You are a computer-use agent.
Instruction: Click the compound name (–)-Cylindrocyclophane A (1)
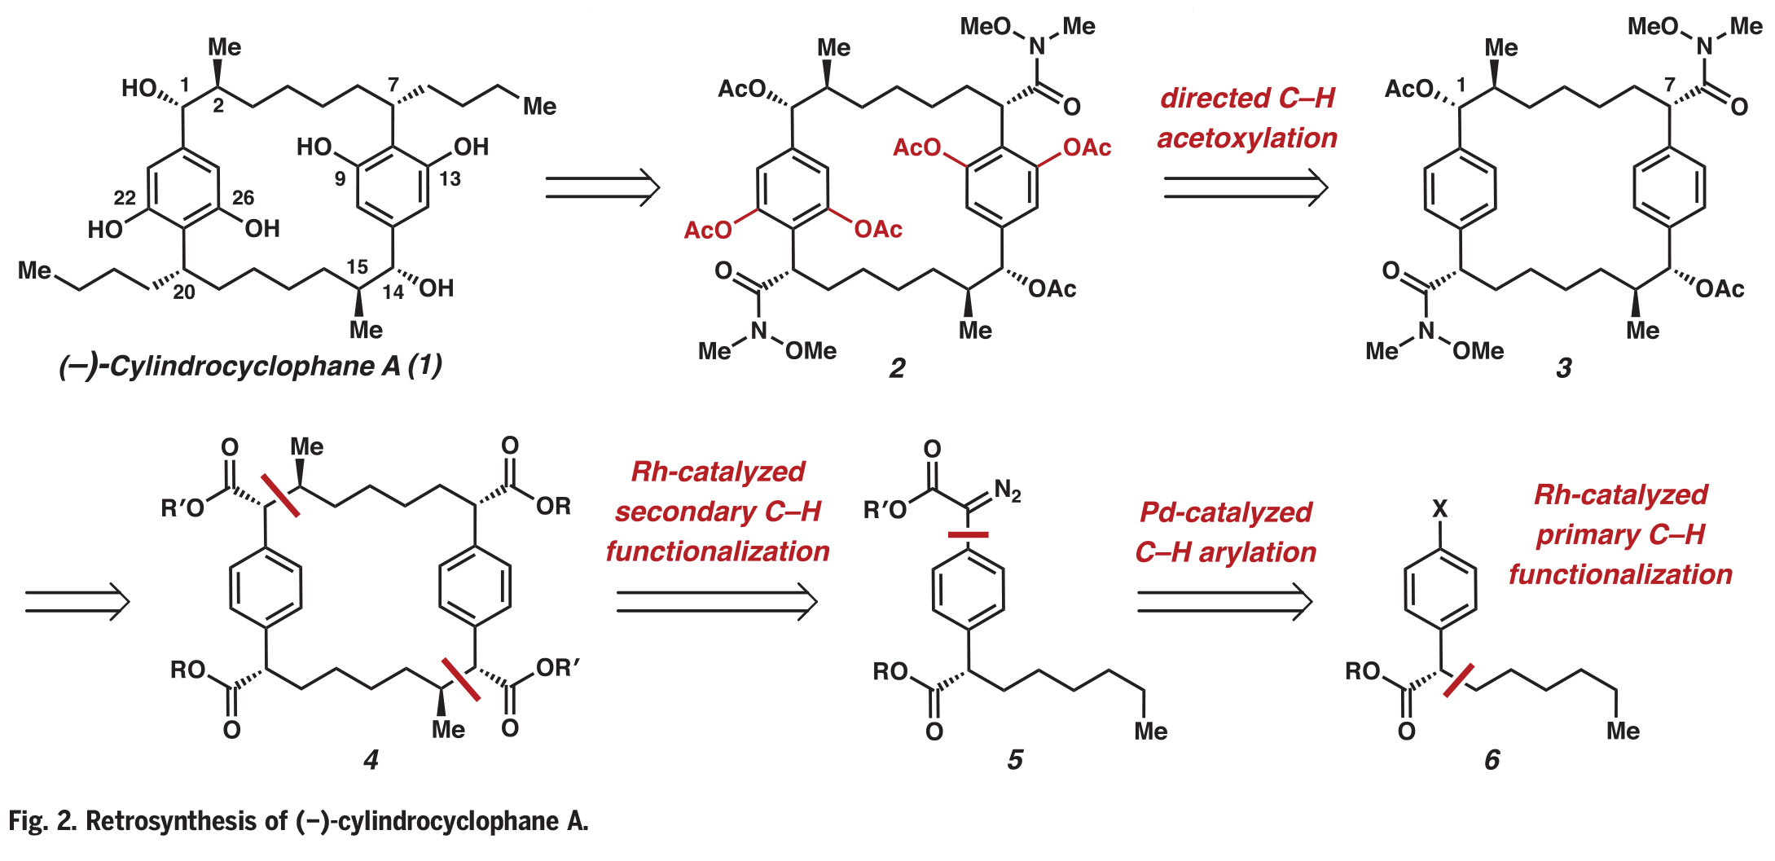(250, 367)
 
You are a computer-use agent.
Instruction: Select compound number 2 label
(897, 368)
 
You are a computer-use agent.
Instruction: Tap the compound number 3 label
(1563, 368)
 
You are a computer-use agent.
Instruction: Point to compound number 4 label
(371, 760)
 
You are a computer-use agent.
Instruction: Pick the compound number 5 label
(1014, 760)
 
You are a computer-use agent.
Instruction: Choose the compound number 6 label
(1492, 760)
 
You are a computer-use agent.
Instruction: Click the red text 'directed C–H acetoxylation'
(1247, 118)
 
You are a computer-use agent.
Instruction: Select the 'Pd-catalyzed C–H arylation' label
(1225, 532)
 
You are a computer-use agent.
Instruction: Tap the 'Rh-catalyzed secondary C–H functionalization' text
(718, 512)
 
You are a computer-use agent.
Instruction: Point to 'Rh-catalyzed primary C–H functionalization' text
(1620, 534)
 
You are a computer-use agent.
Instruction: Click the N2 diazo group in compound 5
(1007, 490)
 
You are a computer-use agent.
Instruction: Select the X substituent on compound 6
(1440, 509)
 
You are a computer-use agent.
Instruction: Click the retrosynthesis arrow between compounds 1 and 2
(601, 187)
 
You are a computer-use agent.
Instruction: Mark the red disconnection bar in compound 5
(968, 535)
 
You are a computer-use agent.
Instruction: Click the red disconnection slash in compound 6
(1458, 680)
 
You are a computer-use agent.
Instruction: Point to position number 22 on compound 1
(125, 197)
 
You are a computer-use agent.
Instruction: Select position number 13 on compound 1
(450, 178)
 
